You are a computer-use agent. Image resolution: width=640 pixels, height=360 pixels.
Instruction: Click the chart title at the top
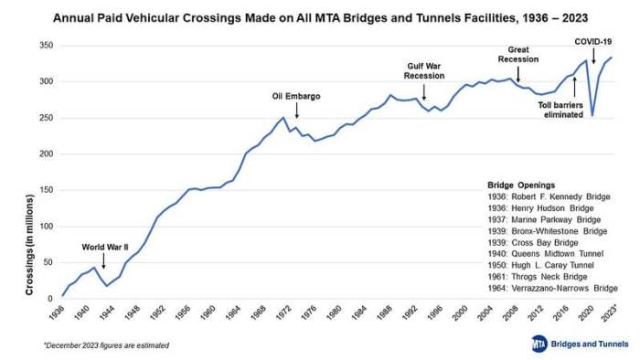(319, 16)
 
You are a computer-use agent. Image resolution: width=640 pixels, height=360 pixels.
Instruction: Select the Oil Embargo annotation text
(296, 96)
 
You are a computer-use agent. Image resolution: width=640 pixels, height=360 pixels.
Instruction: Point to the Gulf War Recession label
(423, 70)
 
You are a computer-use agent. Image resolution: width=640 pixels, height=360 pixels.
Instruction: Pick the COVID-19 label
(593, 42)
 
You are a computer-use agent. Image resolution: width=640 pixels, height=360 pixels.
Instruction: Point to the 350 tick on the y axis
(43, 46)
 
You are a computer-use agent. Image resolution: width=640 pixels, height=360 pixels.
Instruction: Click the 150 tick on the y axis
(43, 190)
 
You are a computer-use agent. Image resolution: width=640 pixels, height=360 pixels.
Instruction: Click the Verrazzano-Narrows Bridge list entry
(552, 288)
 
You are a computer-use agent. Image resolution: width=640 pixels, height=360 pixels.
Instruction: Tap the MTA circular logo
(539, 343)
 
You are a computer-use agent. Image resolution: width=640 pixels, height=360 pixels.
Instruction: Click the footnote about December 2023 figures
(105, 345)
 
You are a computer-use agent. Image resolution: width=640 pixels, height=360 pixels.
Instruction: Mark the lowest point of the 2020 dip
(592, 116)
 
